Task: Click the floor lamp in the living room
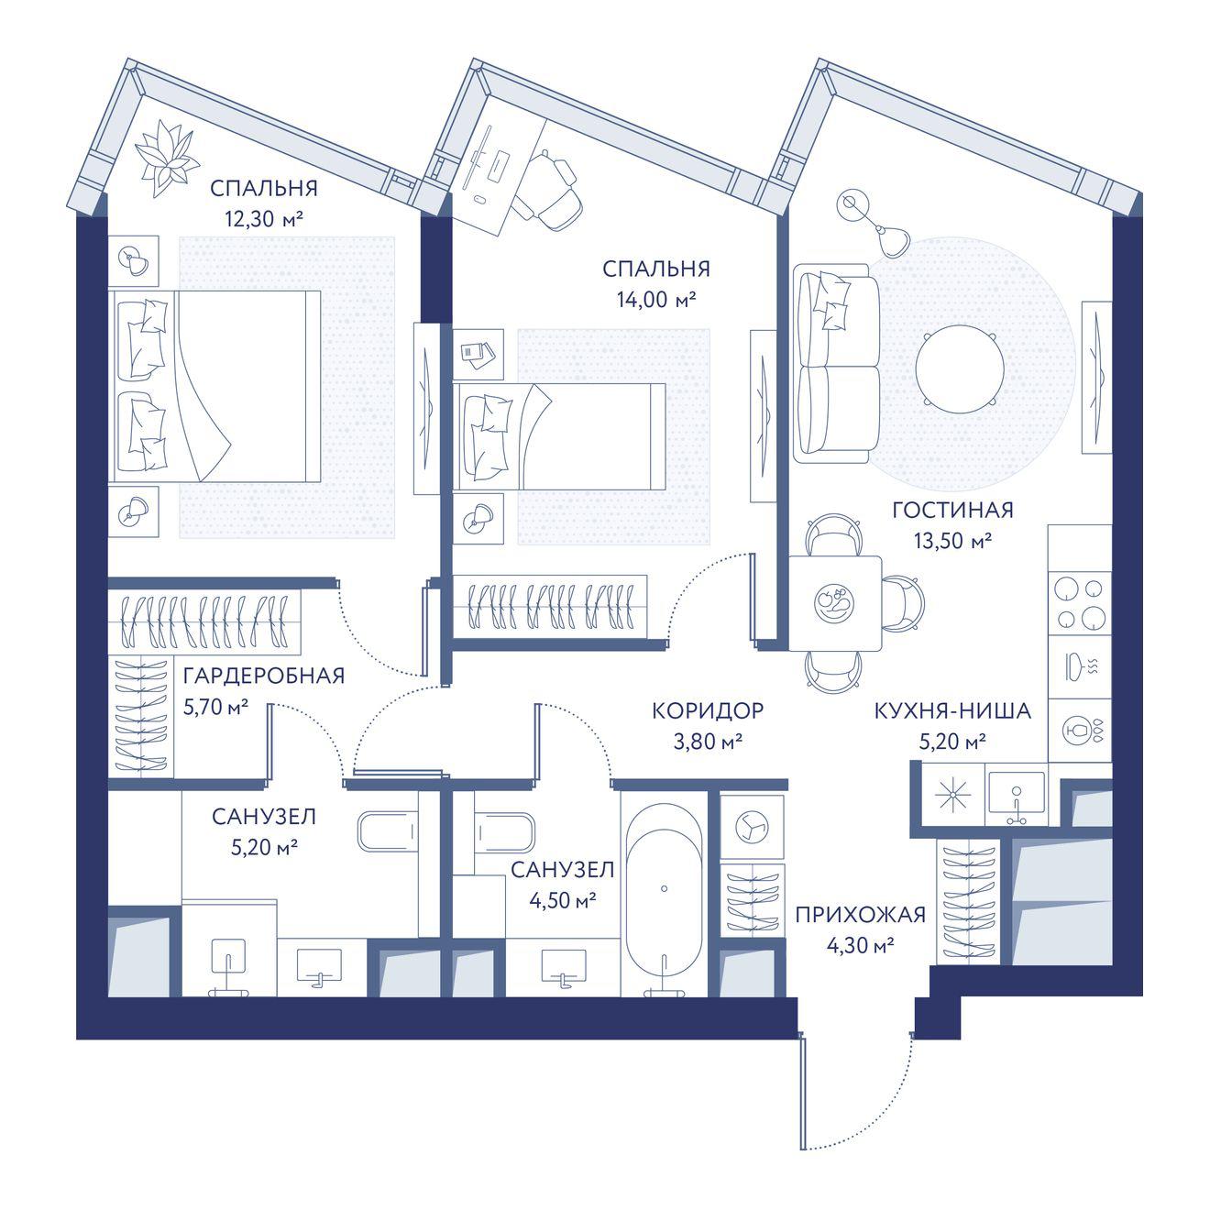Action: pyautogui.click(x=874, y=222)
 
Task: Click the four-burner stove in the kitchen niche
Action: pyautogui.click(x=1080, y=604)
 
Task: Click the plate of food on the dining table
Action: pyautogui.click(x=834, y=603)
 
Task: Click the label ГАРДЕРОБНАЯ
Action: pyautogui.click(x=264, y=676)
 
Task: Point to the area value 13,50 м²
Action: pyautogui.click(x=952, y=540)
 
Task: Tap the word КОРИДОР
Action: pyautogui.click(x=708, y=710)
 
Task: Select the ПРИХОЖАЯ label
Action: pyautogui.click(x=860, y=915)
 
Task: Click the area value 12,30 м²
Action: pyautogui.click(x=264, y=219)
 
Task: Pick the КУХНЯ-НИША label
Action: pyautogui.click(x=952, y=710)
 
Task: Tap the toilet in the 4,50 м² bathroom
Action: pyautogui.click(x=505, y=832)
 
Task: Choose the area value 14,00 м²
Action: pyautogui.click(x=656, y=300)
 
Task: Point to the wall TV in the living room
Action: pyautogui.click(x=1096, y=377)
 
